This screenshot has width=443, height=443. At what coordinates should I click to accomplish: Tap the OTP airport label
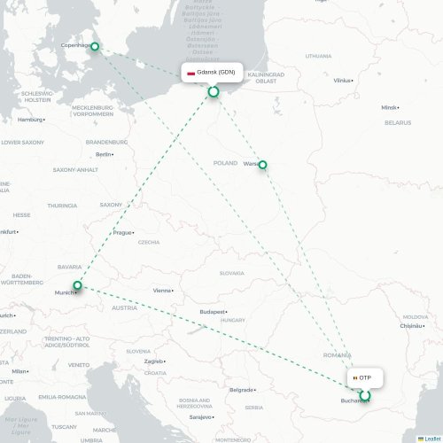coord(365,378)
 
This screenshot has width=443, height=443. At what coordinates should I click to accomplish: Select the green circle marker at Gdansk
coord(213,91)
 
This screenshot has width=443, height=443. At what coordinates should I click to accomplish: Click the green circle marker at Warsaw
coord(262,165)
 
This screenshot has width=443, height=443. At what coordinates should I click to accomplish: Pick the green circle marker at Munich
coord(78,285)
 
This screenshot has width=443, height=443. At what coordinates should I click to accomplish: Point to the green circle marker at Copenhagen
coord(96,48)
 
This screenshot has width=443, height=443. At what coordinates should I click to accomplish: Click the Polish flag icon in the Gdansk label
coord(190,72)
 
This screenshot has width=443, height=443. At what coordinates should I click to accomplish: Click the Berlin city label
coord(104,153)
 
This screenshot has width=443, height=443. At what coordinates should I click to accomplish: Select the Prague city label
coord(121,232)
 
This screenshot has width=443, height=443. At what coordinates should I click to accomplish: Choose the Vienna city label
coord(162,290)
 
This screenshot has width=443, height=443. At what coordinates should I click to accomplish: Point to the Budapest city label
coord(213,312)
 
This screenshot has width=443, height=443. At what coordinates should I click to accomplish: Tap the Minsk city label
coord(389,107)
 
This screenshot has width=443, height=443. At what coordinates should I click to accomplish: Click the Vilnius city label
coord(342,80)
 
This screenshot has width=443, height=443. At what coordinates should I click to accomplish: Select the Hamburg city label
coord(30,120)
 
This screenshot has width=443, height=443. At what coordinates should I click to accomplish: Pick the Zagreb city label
coord(154,361)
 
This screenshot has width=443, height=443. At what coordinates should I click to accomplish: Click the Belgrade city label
coord(241,389)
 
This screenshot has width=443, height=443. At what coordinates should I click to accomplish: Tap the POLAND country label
coord(225,163)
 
